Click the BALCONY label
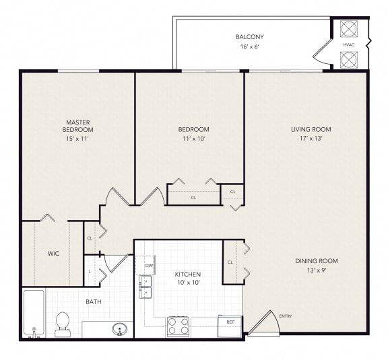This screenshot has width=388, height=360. click(249, 36)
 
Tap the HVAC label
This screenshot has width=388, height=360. click(348, 44)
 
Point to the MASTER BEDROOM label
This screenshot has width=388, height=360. click(78, 125)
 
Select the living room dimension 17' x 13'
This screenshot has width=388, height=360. click(311, 139)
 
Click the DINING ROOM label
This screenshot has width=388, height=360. click(316, 261)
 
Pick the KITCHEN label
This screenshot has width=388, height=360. click(188, 275)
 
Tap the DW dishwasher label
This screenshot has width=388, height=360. click(148, 266)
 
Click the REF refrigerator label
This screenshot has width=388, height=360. click(230, 322)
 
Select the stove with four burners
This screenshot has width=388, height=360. click(179, 326)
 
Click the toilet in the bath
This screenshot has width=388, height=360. click(63, 323)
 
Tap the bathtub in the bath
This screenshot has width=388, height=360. click(34, 313)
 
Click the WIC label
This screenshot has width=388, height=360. click(54, 254)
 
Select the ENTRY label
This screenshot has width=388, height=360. click(286, 316)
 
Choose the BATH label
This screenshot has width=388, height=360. click(94, 301)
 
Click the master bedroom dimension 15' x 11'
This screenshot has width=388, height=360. click(78, 139)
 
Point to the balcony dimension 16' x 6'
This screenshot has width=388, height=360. click(249, 47)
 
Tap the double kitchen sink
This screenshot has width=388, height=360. click(145, 287)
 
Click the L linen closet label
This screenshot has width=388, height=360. click(90, 271)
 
